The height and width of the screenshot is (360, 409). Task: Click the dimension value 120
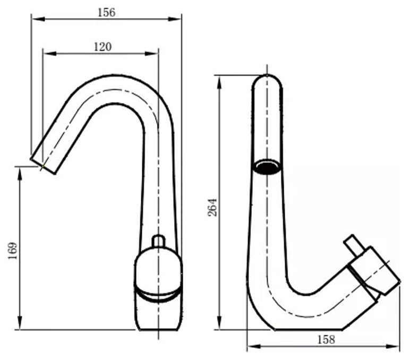(103, 46)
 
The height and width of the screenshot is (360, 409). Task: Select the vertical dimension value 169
(13, 249)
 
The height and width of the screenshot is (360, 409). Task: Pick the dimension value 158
(325, 339)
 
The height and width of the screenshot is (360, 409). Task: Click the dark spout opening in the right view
(267, 167)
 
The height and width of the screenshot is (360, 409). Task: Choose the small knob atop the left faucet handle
(158, 242)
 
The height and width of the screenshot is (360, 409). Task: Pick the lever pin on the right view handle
(352, 245)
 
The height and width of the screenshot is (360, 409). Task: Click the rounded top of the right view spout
(267, 81)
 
